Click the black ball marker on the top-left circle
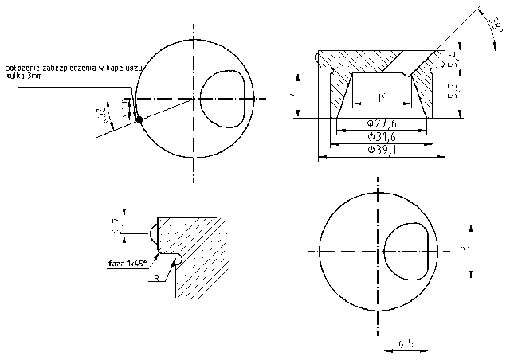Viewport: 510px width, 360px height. tap(139, 119)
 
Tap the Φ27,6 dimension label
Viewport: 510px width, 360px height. tap(381, 123)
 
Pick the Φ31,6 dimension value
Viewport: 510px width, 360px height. tap(382, 137)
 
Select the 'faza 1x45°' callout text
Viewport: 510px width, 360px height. tap(130, 261)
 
